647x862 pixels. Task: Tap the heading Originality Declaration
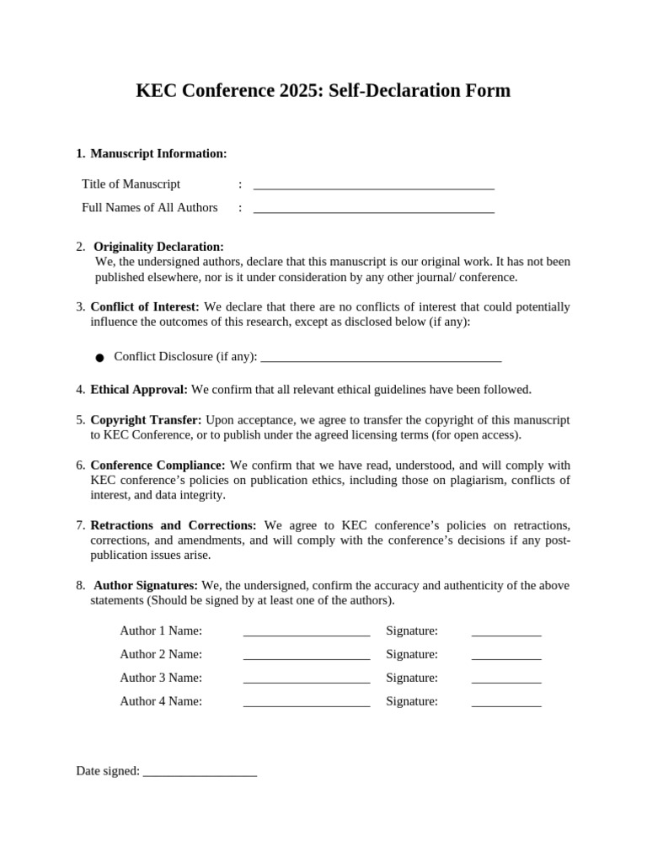click(x=158, y=247)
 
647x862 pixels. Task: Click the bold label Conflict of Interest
click(x=145, y=306)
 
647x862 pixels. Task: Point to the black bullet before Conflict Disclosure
click(x=99, y=358)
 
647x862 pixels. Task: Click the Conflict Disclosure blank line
click(x=381, y=359)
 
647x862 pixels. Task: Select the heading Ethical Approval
click(x=139, y=389)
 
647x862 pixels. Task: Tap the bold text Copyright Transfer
click(x=146, y=419)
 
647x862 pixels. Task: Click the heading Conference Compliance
click(x=158, y=465)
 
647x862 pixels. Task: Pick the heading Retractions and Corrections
click(x=173, y=524)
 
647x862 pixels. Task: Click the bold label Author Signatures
click(x=146, y=585)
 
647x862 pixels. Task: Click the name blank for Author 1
click(x=307, y=633)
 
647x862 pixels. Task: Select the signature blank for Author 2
click(x=505, y=657)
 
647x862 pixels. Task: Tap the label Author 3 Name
click(x=161, y=678)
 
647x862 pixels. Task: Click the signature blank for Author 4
click(x=505, y=704)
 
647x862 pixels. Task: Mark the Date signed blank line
click(x=200, y=773)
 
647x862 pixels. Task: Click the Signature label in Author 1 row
click(x=412, y=631)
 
